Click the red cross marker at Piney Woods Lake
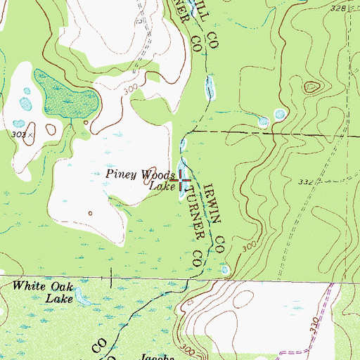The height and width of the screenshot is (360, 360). pyautogui.click(x=181, y=181)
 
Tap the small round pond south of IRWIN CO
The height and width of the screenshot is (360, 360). pyautogui.click(x=225, y=269)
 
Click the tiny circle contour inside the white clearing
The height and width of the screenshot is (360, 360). pyautogui.click(x=90, y=213)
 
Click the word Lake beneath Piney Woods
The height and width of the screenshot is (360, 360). pyautogui.click(x=161, y=186)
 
